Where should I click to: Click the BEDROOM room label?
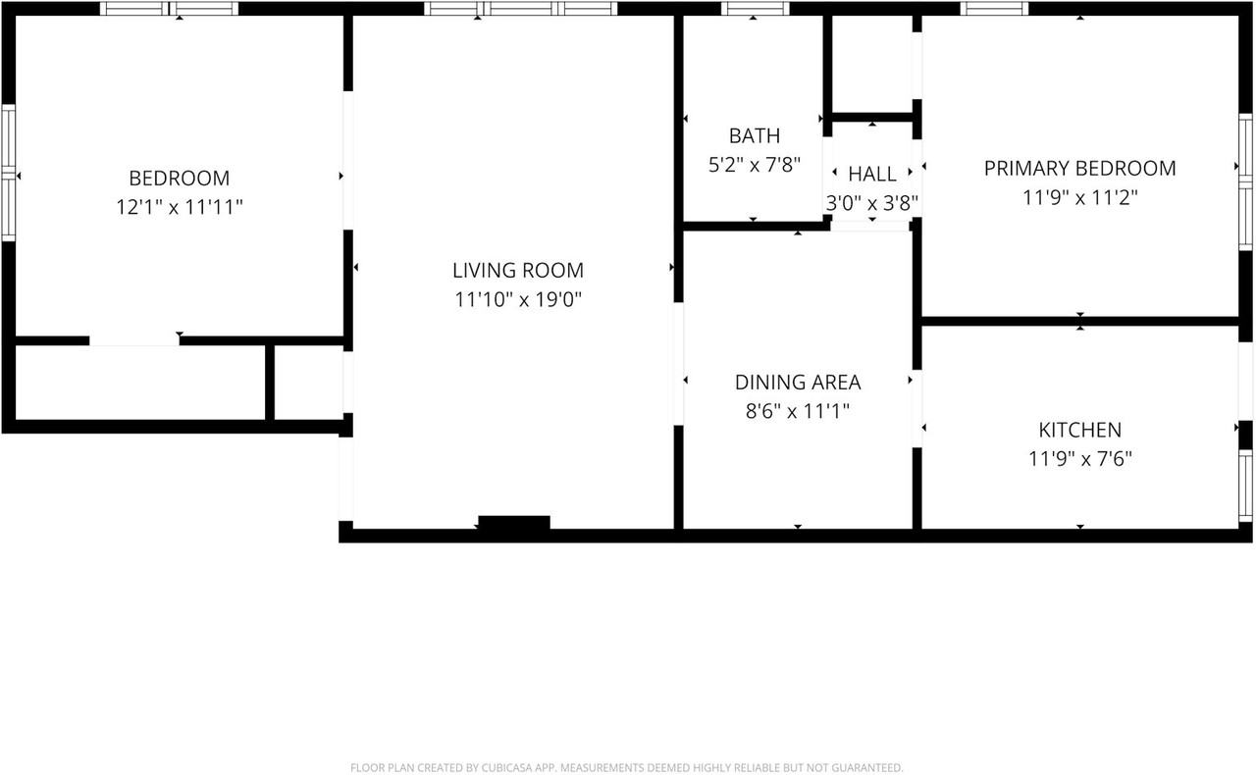[x=180, y=179]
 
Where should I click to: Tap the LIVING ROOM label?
[x=518, y=271]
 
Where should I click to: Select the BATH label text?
[x=755, y=135]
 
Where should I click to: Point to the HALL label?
[x=872, y=174]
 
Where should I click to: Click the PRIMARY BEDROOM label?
[x=1080, y=168]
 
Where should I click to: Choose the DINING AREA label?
[x=798, y=382]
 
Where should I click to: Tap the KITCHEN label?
[x=1080, y=430]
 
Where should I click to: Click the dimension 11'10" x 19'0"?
[x=518, y=299]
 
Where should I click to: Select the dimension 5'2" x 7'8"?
[x=755, y=165]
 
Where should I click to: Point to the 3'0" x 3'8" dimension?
[x=872, y=203]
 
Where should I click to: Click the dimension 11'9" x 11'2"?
[x=1080, y=197]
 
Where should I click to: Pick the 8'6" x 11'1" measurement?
[x=798, y=411]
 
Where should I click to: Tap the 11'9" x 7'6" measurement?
[x=1080, y=459]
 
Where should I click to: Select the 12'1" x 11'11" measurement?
[x=180, y=207]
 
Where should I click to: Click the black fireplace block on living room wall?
[x=513, y=522]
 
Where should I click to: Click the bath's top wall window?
[x=755, y=9]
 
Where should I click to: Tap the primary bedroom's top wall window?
[x=994, y=9]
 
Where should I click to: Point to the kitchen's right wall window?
[x=1245, y=486]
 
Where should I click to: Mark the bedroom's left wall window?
[x=9, y=173]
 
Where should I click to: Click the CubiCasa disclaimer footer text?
[x=627, y=768]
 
